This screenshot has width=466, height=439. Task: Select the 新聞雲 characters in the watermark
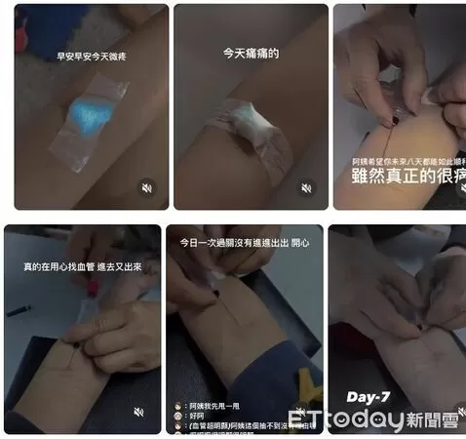pos(433,420)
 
